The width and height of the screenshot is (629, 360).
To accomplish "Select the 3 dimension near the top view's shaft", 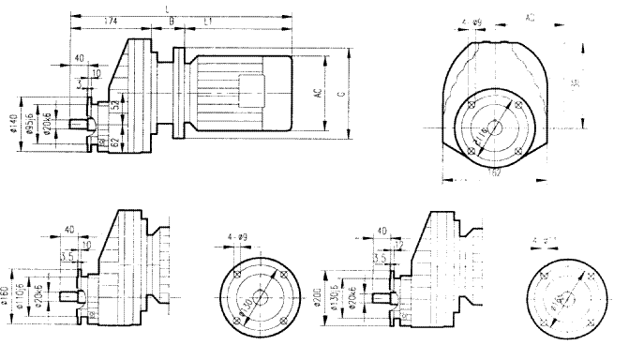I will tap(79, 82).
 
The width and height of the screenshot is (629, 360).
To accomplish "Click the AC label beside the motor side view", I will tap(319, 94).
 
